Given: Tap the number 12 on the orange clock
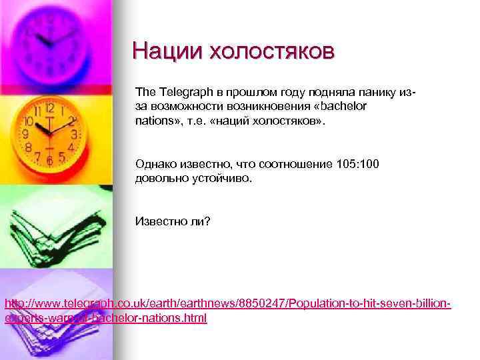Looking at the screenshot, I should pos(49,107).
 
